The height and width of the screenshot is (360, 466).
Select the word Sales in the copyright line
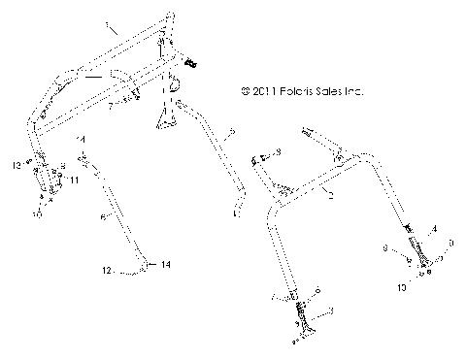pyautogui.click(x=328, y=93)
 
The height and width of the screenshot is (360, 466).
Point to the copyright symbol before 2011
pyautogui.click(x=243, y=93)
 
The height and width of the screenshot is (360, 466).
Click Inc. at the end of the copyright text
pyautogui.click(x=353, y=93)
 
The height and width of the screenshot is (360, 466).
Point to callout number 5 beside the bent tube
pyautogui.click(x=230, y=129)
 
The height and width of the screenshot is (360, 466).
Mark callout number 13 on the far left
pyautogui.click(x=17, y=166)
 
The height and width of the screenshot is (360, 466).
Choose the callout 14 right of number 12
pyautogui.click(x=164, y=264)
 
